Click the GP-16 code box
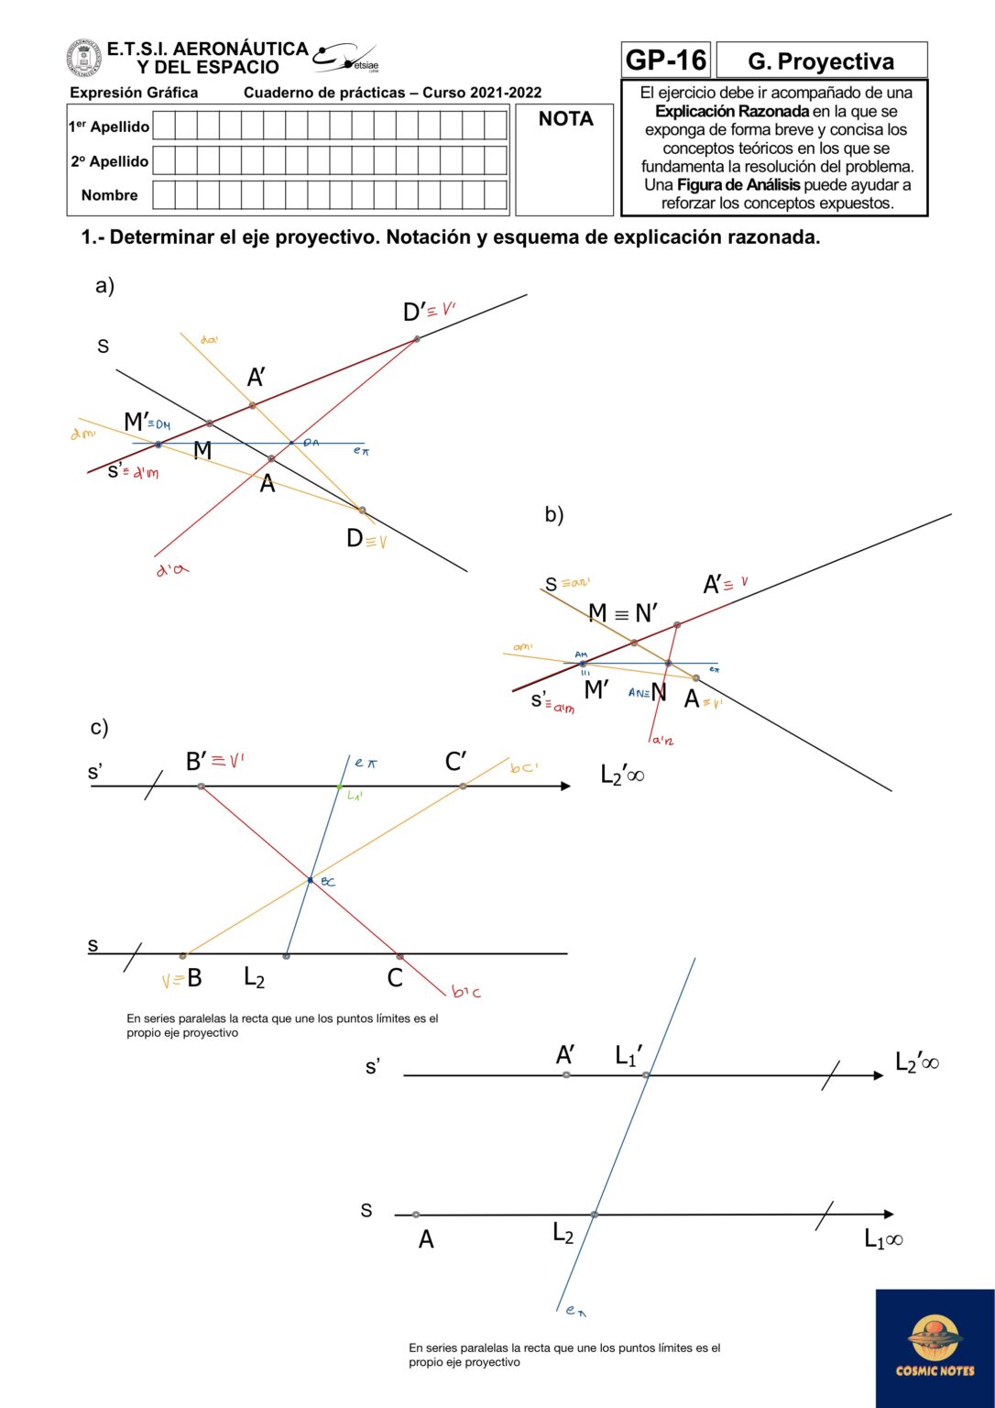[x=665, y=60]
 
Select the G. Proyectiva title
[x=821, y=61]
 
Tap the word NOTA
[x=565, y=119]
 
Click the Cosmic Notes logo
[x=935, y=1347]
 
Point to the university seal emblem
[x=84, y=58]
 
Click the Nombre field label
[x=109, y=195]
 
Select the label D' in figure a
[x=414, y=313]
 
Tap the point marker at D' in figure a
[x=417, y=338]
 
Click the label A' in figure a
[x=257, y=377]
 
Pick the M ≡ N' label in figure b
[x=622, y=613]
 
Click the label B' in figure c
[x=196, y=762]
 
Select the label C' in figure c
[x=455, y=762]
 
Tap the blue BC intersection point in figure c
[x=311, y=880]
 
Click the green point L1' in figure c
[x=339, y=786]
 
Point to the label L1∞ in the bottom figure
[x=882, y=1239]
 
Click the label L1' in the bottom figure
[x=629, y=1056]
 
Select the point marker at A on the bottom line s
[x=416, y=1215]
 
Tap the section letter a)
[x=104, y=285]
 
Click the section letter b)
[x=553, y=514]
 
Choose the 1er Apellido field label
[x=108, y=126]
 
